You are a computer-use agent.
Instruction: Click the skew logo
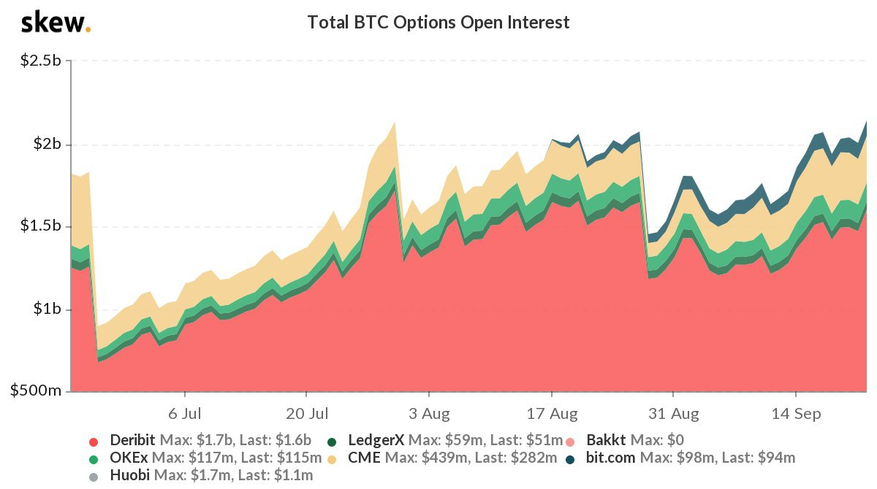(x=56, y=23)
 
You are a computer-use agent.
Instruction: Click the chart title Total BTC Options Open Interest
(x=438, y=23)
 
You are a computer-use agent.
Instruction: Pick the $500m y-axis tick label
(x=34, y=392)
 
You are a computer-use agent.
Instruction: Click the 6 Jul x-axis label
(x=185, y=414)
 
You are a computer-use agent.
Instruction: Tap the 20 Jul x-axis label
(x=307, y=414)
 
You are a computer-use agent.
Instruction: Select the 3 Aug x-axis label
(x=429, y=414)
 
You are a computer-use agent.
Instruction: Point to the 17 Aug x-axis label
(x=552, y=414)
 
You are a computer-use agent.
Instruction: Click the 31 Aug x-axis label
(x=674, y=414)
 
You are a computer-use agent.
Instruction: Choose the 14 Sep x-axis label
(x=796, y=414)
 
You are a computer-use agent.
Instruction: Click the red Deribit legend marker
(x=93, y=441)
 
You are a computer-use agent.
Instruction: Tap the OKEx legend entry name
(x=127, y=458)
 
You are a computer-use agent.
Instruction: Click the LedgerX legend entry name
(x=376, y=440)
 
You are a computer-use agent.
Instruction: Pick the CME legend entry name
(x=365, y=458)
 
